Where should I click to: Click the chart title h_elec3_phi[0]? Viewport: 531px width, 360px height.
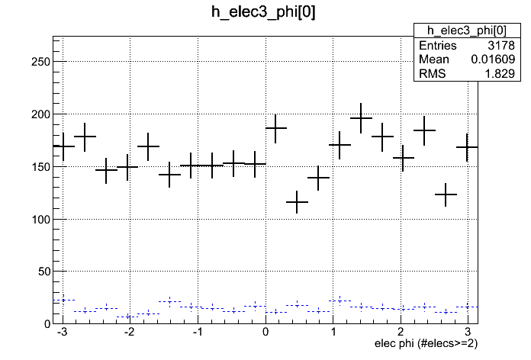pos(265,12)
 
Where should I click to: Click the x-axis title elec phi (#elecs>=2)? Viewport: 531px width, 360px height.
pos(426,343)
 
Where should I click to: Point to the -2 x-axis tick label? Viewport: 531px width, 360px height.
pos(128,333)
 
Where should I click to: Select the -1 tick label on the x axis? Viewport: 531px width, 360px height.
pos(196,333)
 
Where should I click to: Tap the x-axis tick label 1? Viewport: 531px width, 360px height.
pos(333,333)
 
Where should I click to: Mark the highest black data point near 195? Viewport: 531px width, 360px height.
pos(361,118)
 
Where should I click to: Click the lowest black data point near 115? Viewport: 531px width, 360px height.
pos(297,202)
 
